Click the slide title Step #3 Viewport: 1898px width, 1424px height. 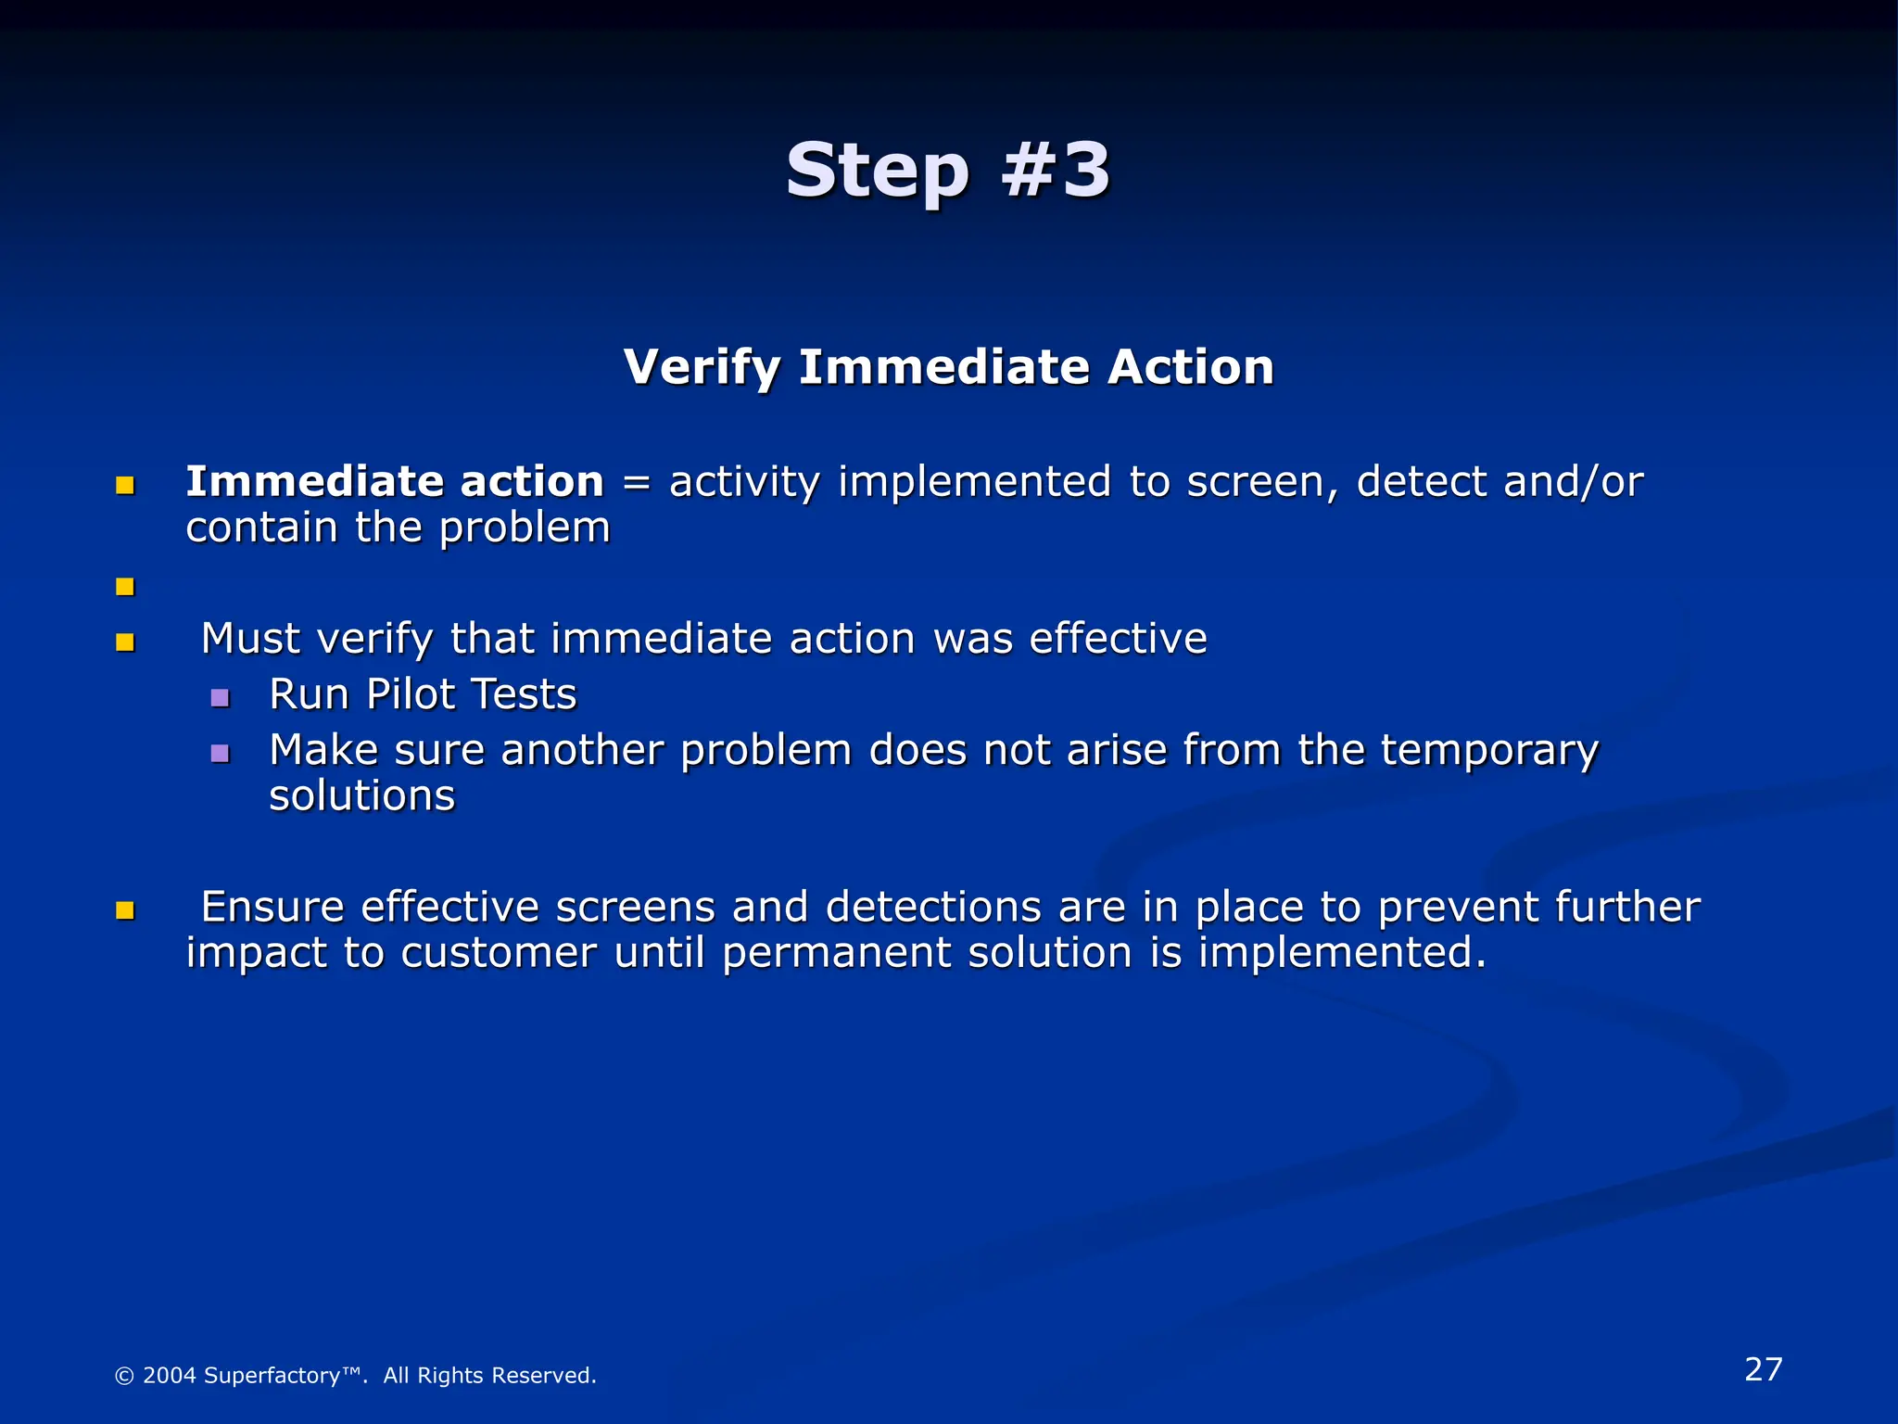point(947,171)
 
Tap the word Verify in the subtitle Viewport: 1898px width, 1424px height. point(702,367)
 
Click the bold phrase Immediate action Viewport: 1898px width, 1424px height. point(395,481)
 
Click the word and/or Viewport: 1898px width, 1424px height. point(1573,483)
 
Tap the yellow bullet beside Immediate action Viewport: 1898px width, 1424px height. point(125,485)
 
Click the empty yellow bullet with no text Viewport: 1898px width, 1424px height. point(125,587)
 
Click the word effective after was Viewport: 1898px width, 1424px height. point(1118,639)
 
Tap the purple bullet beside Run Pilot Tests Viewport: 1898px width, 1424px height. point(220,697)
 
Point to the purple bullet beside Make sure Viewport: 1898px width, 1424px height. point(220,753)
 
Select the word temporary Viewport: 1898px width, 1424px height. point(1489,751)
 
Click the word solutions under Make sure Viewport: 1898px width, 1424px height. point(361,795)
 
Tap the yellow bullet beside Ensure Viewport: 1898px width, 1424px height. point(125,910)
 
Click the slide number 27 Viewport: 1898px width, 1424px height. point(1763,1369)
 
